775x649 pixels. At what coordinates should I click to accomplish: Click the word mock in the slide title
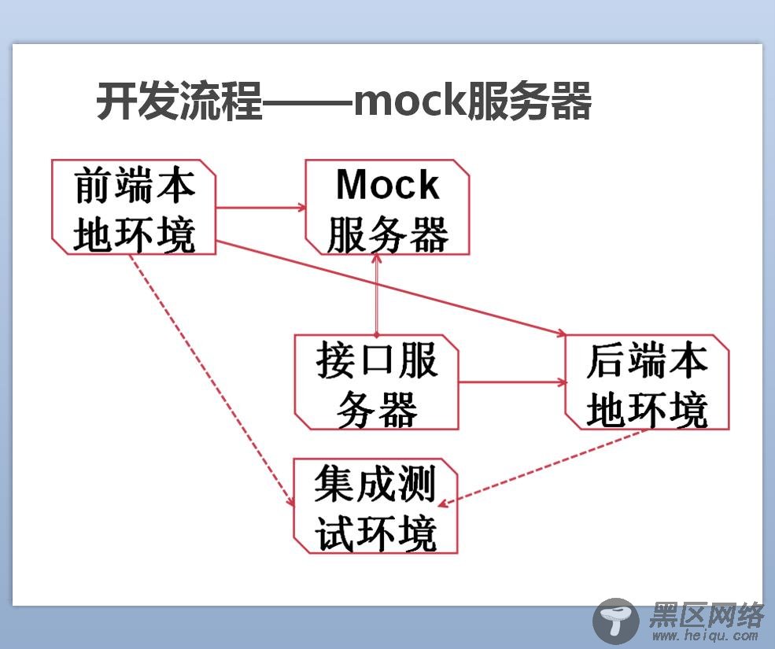pos(409,101)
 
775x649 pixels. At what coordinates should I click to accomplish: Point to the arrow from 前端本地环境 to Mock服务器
pos(261,208)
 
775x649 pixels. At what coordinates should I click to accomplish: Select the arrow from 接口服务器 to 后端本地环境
pos(512,382)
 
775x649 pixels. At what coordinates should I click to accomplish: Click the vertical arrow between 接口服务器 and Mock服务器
pos(377,295)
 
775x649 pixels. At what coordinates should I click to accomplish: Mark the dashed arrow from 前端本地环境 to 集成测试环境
pos(212,381)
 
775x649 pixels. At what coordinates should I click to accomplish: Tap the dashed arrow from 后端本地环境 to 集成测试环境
pos(543,467)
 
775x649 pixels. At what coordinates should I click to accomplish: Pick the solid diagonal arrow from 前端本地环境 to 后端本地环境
pos(392,289)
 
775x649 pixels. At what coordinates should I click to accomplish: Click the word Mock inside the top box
pos(387,185)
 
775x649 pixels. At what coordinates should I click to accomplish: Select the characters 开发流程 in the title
pos(179,101)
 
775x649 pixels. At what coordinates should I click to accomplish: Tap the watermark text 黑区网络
pos(707,616)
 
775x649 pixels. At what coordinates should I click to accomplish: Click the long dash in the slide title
pos(308,103)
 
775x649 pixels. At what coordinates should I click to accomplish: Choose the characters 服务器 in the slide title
pos(528,101)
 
